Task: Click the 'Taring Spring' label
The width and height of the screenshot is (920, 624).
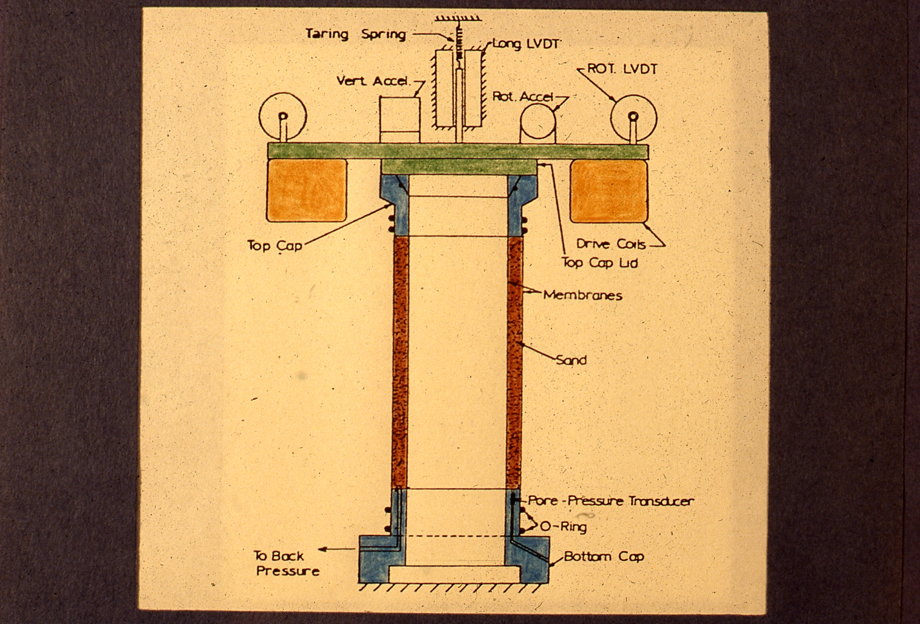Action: tap(355, 33)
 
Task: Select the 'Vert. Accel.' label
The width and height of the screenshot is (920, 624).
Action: tap(373, 81)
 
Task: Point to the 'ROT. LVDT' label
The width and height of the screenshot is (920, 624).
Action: tap(622, 69)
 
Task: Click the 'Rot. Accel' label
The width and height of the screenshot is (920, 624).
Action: tap(523, 97)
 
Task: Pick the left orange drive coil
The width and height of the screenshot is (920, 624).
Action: tap(307, 189)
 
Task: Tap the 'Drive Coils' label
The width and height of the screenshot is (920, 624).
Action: tap(610, 244)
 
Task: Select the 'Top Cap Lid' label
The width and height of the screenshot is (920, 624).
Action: tap(599, 262)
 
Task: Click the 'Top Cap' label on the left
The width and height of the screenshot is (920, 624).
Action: tap(274, 245)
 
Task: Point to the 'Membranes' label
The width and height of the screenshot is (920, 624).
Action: tap(583, 296)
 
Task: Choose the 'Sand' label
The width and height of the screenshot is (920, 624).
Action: tap(571, 360)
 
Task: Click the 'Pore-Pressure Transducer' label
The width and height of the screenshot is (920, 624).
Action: tap(610, 501)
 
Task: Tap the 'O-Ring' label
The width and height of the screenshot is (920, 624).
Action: tap(564, 526)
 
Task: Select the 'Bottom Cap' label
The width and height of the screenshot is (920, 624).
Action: tap(604, 556)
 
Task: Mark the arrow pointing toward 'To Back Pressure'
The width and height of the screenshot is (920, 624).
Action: tap(338, 549)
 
